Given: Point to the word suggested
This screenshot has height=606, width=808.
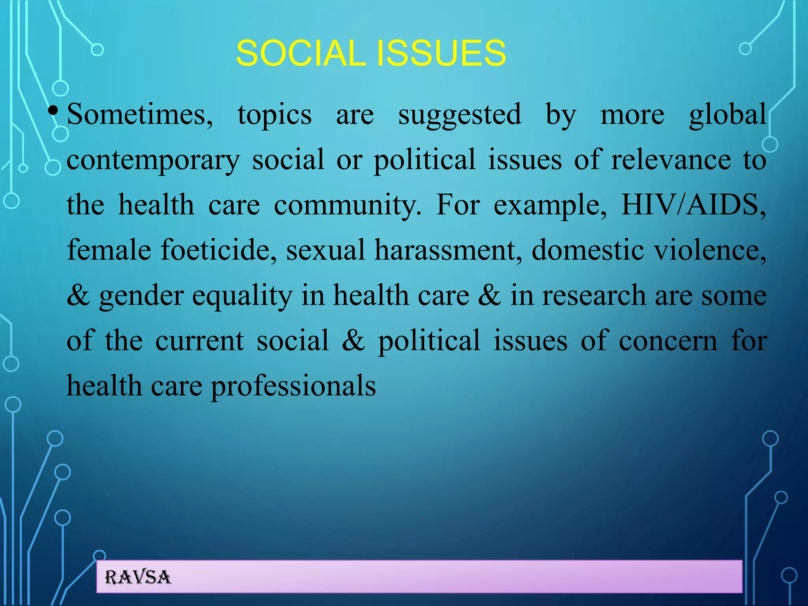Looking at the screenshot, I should tap(460, 115).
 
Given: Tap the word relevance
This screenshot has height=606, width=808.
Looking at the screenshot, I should tap(671, 160).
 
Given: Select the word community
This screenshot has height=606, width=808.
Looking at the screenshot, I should tap(347, 206).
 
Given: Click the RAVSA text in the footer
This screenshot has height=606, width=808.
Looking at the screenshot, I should tap(138, 578).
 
